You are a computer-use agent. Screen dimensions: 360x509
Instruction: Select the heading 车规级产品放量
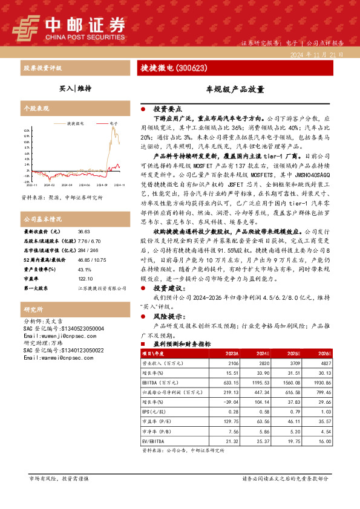click(235, 89)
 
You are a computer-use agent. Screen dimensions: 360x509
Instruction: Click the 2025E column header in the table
click(293, 352)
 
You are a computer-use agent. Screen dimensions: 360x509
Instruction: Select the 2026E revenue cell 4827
click(325, 365)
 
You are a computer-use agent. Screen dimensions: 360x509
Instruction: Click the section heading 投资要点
click(168, 109)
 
